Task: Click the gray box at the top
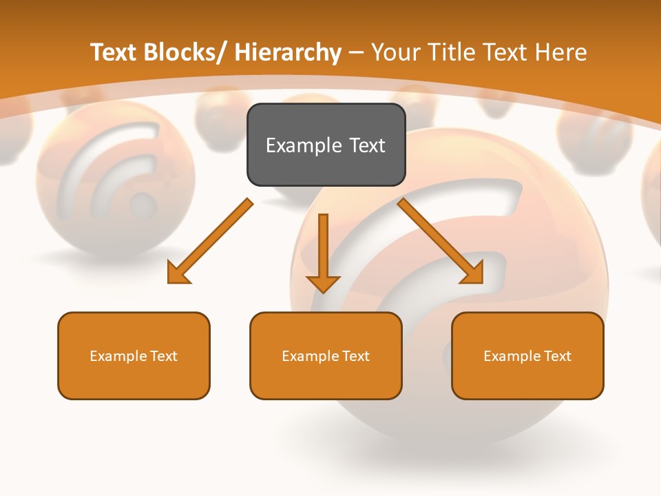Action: click(x=326, y=145)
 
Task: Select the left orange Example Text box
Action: click(x=134, y=355)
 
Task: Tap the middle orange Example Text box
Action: click(x=326, y=355)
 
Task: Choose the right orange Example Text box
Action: click(x=527, y=355)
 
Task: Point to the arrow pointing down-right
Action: click(x=441, y=240)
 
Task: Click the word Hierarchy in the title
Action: click(x=288, y=52)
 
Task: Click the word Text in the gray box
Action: click(x=366, y=145)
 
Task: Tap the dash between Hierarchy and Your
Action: click(x=356, y=53)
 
